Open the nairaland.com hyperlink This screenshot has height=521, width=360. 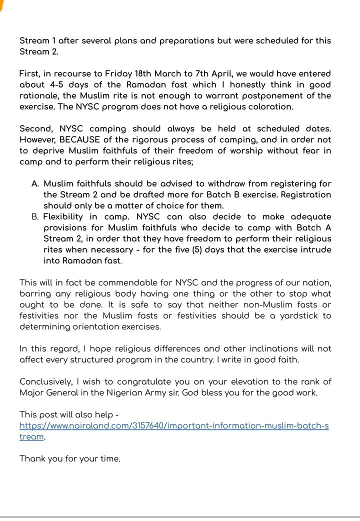[174, 425]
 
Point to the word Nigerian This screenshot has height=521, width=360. [166, 392]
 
